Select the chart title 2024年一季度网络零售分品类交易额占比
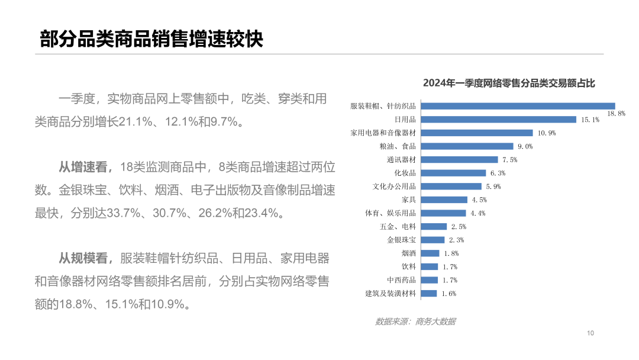pyautogui.click(x=509, y=83)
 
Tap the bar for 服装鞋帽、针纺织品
pyautogui.click(x=518, y=106)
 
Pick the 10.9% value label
pyautogui.click(x=547, y=133)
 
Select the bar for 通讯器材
pyautogui.click(x=460, y=159)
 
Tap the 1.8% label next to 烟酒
pyautogui.click(x=451, y=253)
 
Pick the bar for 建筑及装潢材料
pyautogui.click(x=430, y=293)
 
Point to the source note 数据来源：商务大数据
pyautogui.click(x=415, y=322)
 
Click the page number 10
pyautogui.click(x=590, y=333)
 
